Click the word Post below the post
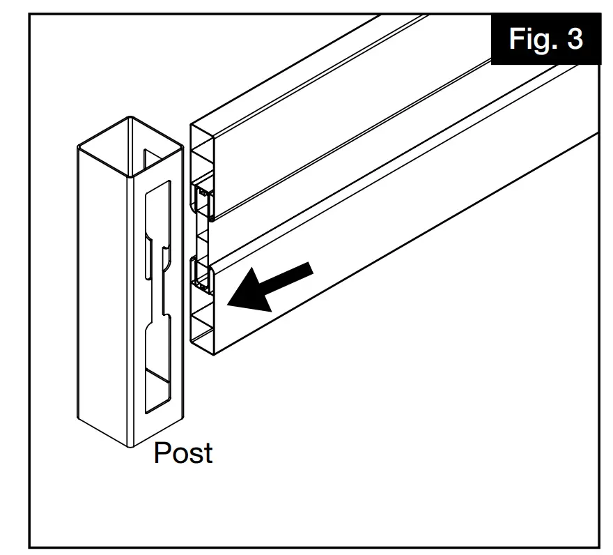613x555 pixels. [183, 453]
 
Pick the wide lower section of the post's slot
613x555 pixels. [157, 363]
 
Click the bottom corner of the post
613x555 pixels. [130, 445]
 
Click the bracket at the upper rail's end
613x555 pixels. [203, 198]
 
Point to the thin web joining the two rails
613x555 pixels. [203, 238]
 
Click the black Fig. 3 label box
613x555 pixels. [545, 38]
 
